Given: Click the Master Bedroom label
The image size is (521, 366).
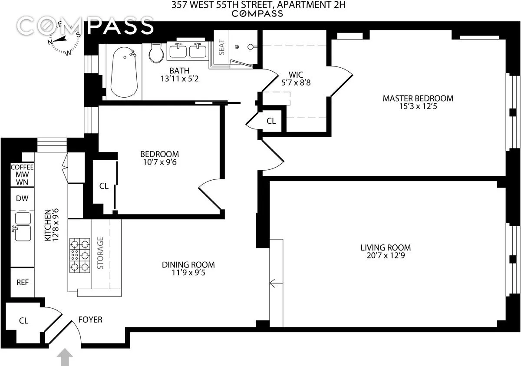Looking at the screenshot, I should pyautogui.click(x=418, y=98).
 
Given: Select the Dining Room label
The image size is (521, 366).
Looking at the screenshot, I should pyautogui.click(x=188, y=265).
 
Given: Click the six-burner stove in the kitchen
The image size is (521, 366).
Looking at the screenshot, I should pyautogui.click(x=79, y=255).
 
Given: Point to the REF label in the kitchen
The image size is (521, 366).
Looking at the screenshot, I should pyautogui.click(x=23, y=282).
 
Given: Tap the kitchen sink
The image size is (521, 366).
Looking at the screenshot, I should pyautogui.click(x=22, y=233).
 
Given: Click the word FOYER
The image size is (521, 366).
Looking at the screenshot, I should pyautogui.click(x=90, y=320).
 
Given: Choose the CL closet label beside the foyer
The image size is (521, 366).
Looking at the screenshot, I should pyautogui.click(x=23, y=321).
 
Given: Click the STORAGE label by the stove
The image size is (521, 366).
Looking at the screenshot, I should pyautogui.click(x=101, y=253).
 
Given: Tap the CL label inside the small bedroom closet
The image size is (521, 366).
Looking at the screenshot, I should pyautogui.click(x=104, y=186).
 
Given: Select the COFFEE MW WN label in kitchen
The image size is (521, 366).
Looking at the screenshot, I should pyautogui.click(x=19, y=175).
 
